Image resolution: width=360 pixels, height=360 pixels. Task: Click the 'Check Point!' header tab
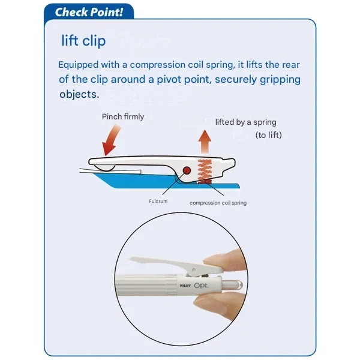[89, 12]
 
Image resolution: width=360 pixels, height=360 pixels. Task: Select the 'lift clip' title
[83, 41]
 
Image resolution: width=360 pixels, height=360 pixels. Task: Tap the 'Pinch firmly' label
[123, 116]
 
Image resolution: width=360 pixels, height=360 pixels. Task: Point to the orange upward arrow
[205, 142]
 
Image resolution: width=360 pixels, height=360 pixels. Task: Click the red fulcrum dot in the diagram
[187, 170]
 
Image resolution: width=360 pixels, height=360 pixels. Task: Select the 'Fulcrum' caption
[158, 201]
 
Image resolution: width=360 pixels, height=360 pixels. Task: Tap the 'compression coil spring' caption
[218, 203]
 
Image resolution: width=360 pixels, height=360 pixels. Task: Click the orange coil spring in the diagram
[205, 171]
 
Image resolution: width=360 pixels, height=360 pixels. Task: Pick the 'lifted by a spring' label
[245, 122]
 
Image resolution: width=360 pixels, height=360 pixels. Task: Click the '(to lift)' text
[269, 135]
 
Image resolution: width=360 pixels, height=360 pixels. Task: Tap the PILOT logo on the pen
[185, 286]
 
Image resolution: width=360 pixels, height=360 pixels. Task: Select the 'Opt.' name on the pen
[202, 286]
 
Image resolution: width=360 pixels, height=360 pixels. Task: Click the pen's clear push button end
[232, 286]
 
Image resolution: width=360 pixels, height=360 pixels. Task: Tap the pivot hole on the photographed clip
[194, 269]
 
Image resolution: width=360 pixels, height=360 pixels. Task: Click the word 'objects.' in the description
[79, 94]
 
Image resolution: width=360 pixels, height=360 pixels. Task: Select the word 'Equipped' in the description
[78, 65]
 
